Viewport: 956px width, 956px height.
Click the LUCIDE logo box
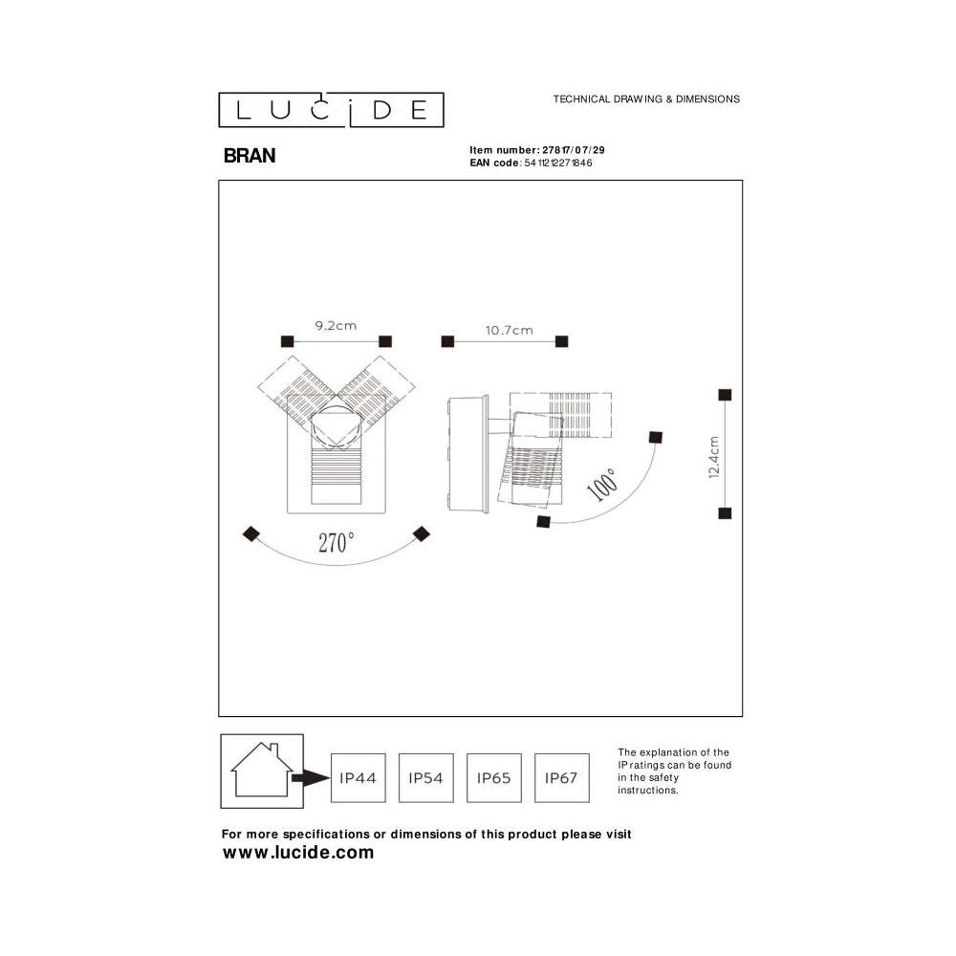pyautogui.click(x=331, y=110)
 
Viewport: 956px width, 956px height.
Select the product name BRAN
pyautogui.click(x=250, y=156)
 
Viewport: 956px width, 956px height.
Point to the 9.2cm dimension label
pyautogui.click(x=336, y=326)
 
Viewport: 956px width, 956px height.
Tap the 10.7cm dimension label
pyautogui.click(x=510, y=331)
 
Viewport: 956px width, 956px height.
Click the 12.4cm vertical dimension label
pyautogui.click(x=714, y=457)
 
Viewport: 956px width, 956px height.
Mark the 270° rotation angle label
pyautogui.click(x=336, y=542)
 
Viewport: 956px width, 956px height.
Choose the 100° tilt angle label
pyautogui.click(x=602, y=485)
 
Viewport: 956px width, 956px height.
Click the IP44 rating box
pyautogui.click(x=358, y=778)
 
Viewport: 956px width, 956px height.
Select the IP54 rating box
pyautogui.click(x=425, y=778)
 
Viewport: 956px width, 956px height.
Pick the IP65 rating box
pyautogui.click(x=494, y=778)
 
